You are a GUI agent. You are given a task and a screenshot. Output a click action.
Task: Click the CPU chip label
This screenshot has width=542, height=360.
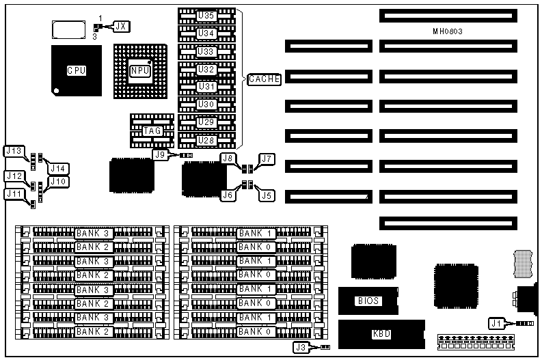76,70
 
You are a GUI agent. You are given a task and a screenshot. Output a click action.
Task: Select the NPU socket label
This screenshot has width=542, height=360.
140,70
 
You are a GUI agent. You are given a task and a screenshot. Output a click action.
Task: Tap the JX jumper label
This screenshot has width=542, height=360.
121,27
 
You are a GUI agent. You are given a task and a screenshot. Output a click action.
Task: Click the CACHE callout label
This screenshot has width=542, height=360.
264,79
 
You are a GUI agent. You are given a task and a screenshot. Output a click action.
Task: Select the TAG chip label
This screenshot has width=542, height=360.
152,130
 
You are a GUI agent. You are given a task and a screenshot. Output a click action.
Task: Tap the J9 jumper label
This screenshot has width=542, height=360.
161,154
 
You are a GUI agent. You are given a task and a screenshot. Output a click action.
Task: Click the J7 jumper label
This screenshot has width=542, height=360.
266,159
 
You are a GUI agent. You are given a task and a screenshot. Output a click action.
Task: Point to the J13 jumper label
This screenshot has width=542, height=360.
14,151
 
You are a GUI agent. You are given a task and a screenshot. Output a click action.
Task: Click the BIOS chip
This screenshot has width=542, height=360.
368,301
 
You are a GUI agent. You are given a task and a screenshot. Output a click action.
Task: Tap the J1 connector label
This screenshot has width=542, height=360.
496,322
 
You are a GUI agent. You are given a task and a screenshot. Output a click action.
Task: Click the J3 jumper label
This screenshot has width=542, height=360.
302,348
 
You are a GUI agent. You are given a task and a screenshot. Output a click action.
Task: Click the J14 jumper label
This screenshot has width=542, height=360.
57,168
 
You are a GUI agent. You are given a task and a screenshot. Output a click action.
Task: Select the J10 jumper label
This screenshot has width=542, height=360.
57,182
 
